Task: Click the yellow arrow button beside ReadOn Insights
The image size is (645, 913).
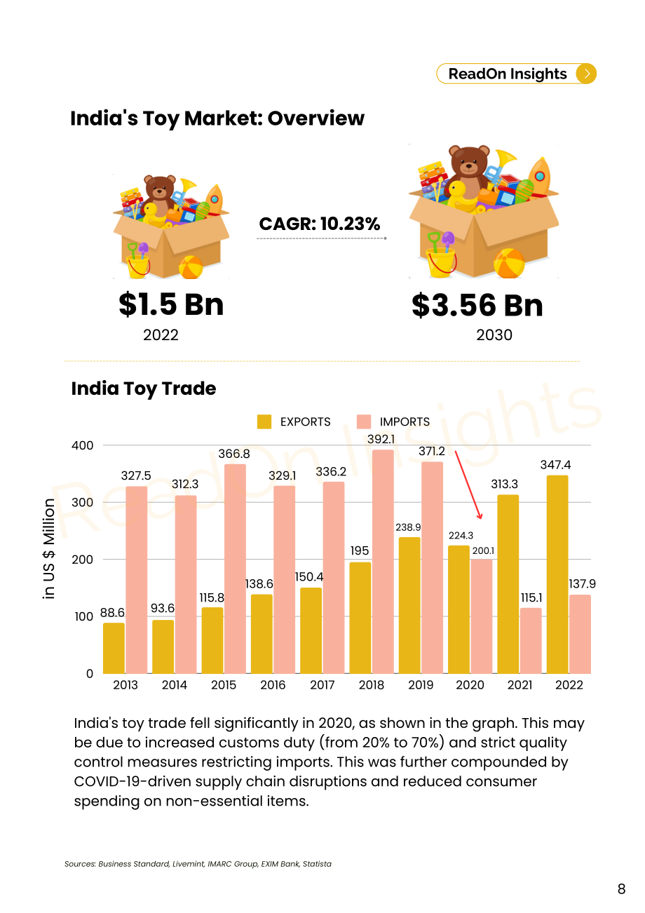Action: [586, 74]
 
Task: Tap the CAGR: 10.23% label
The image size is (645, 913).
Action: [320, 224]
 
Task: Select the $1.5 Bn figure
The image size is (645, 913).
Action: [171, 304]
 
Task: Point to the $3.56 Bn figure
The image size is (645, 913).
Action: [477, 305]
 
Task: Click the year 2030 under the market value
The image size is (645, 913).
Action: [494, 335]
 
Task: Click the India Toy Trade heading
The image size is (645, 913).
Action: [144, 388]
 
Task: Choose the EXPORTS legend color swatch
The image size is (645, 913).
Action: [264, 421]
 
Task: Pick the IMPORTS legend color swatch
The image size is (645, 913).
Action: [363, 421]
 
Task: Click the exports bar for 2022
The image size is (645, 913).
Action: [557, 574]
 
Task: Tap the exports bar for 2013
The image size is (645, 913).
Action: [114, 648]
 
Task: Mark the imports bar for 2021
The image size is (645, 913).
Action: [531, 641]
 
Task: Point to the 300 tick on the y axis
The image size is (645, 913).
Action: [82, 503]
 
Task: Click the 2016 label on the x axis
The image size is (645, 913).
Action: [273, 684]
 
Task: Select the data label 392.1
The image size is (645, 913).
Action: [381, 439]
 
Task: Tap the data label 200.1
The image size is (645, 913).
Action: [483, 550]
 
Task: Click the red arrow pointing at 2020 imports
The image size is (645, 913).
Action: [468, 485]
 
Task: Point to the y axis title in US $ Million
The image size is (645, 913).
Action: [48, 548]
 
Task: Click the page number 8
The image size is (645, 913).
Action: [621, 888]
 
